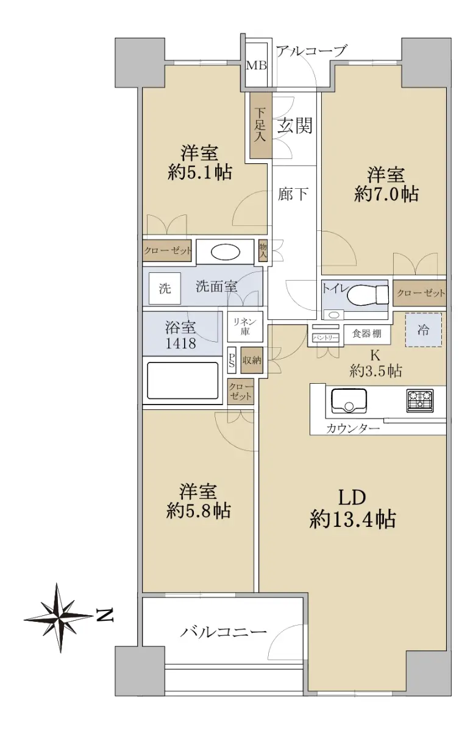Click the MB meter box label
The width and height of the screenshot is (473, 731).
click(256, 66)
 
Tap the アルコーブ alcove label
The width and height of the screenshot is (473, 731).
click(310, 51)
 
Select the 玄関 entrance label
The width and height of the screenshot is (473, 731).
click(295, 125)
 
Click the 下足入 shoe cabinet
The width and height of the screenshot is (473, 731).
click(260, 125)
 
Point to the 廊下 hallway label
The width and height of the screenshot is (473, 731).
click(293, 194)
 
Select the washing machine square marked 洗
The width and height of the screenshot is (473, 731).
click(165, 288)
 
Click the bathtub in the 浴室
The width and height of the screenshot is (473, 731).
click(182, 380)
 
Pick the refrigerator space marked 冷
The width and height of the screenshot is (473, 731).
click(424, 330)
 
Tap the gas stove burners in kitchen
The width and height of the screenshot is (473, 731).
click(420, 400)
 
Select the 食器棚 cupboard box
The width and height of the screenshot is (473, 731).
click(366, 334)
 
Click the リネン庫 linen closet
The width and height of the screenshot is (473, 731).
click(245, 327)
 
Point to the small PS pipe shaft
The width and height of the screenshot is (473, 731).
click(232, 360)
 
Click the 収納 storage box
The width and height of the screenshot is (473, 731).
click(252, 360)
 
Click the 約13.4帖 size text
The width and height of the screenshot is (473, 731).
click(352, 519)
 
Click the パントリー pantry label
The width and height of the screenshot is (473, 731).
click(325, 337)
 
